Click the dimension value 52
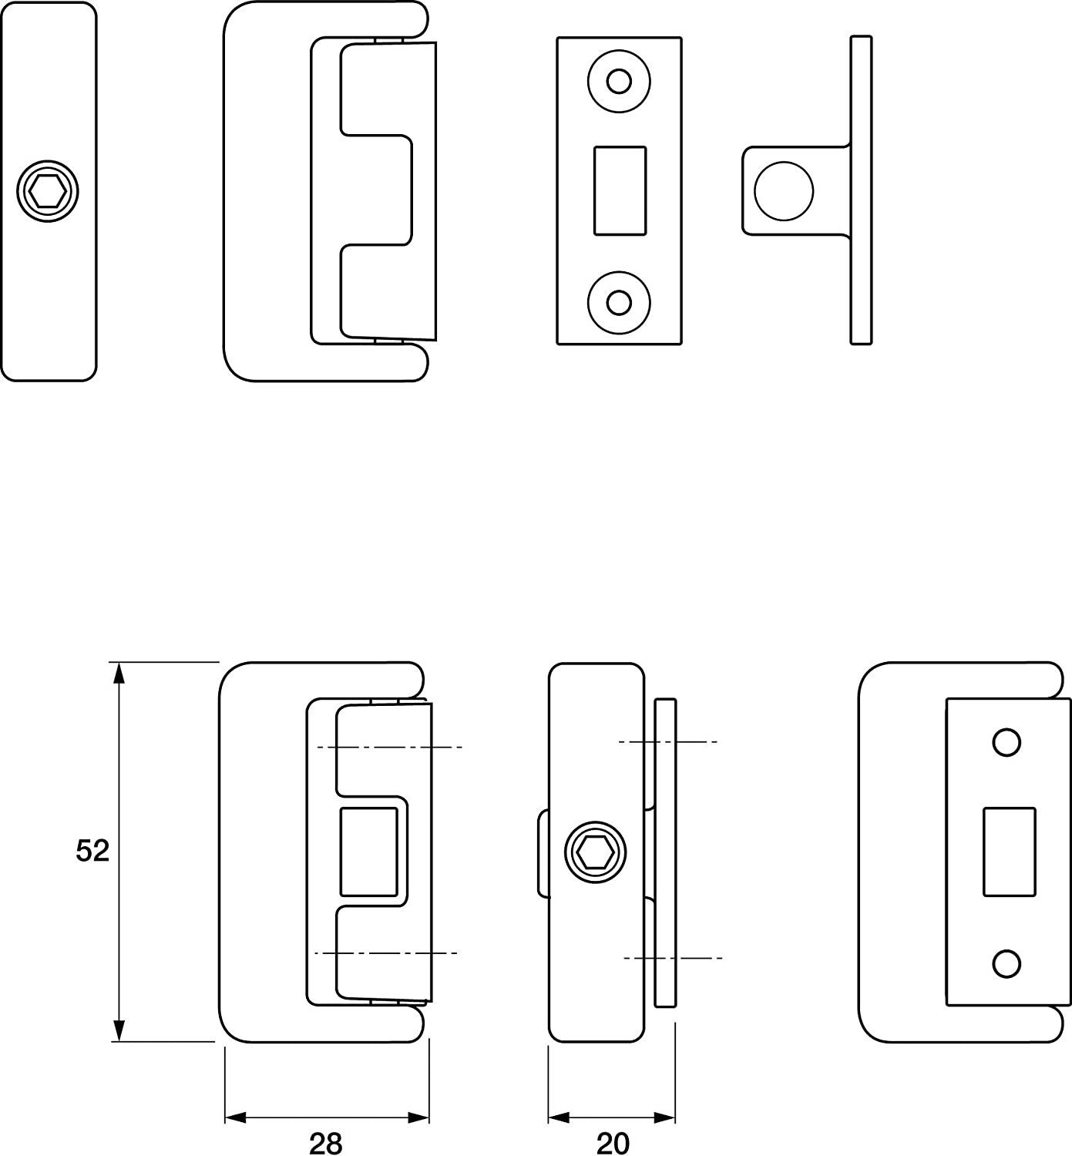click(93, 851)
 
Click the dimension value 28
click(325, 1143)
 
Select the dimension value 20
click(613, 1143)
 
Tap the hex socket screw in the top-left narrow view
click(49, 192)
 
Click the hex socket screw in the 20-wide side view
click(595, 852)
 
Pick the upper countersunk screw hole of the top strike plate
click(619, 80)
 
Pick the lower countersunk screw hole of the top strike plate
click(619, 302)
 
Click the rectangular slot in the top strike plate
click(620, 190)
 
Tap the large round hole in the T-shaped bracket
click(784, 190)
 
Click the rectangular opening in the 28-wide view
click(369, 852)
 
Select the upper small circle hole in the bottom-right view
click(1007, 742)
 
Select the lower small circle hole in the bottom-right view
click(1007, 963)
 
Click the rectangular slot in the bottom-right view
click(1009, 852)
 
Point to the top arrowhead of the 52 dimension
click(119, 672)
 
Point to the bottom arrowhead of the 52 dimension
click(119, 1031)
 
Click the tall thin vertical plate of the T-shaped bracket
click(862, 190)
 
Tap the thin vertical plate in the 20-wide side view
click(665, 852)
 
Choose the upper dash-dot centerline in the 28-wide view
click(389, 747)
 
